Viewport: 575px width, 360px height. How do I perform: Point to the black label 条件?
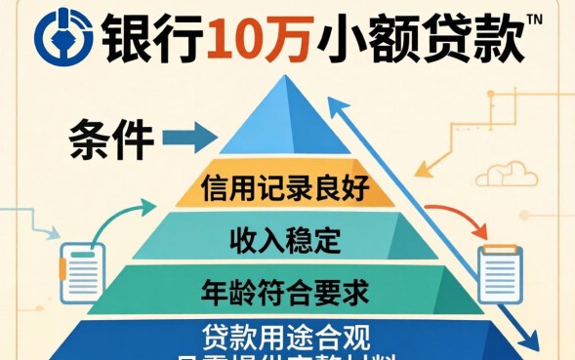point(111,140)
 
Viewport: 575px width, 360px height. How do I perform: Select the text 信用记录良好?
point(285,187)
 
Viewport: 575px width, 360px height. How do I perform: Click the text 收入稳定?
point(283,238)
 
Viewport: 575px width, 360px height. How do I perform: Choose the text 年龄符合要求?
point(285,290)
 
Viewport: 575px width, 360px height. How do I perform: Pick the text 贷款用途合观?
point(284,338)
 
